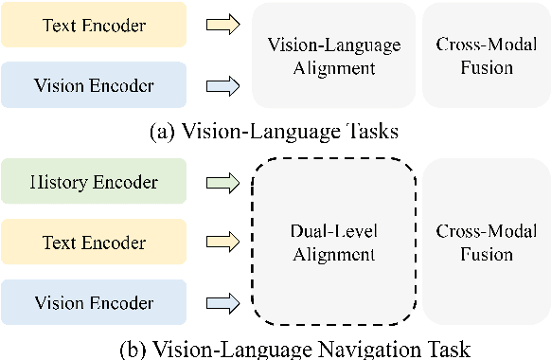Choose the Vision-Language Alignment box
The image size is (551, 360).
tap(333, 55)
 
